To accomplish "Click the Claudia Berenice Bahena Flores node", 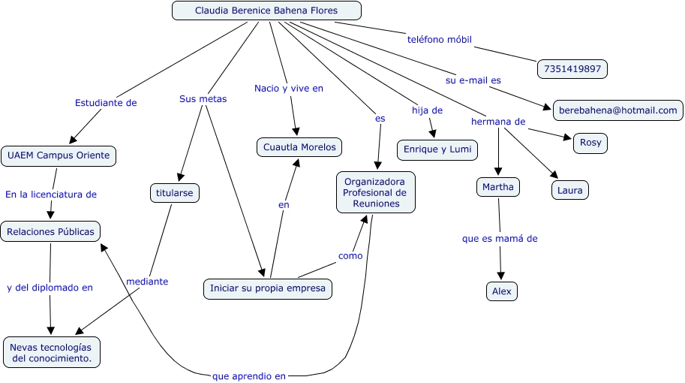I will (x=266, y=11).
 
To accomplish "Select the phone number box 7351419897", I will (x=572, y=69).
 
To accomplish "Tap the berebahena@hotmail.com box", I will (x=617, y=110).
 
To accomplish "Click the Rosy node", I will (x=590, y=143).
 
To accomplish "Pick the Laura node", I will (x=569, y=190).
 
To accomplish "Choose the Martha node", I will (x=498, y=186).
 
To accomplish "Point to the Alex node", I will (x=501, y=291).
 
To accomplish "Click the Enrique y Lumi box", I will (x=437, y=149).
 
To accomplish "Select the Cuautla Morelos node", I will (x=299, y=147).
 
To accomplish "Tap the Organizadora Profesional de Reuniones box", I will (x=375, y=192).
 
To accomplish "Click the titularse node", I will (x=174, y=193).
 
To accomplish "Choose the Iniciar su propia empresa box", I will (x=267, y=288).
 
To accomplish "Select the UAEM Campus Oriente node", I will (x=59, y=155).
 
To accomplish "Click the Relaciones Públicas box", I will (x=50, y=232).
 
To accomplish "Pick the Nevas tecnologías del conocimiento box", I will (x=52, y=352).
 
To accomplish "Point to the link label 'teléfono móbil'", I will (x=439, y=39).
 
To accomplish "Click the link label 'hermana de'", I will (x=497, y=121).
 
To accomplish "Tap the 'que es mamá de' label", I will (x=500, y=239).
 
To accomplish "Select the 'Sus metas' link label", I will (x=203, y=98).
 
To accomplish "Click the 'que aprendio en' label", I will (x=248, y=376).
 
